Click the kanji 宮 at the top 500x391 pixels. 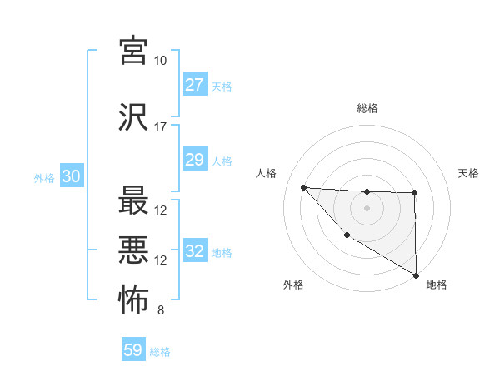pyautogui.click(x=133, y=51)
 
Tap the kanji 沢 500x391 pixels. pyautogui.click(x=133, y=117)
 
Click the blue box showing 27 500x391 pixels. pyautogui.click(x=194, y=85)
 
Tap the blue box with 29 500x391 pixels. pyautogui.click(x=194, y=160)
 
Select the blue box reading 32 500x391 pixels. pyautogui.click(x=194, y=251)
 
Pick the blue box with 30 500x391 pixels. pyautogui.click(x=71, y=176)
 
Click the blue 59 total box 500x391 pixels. pyautogui.click(x=132, y=350)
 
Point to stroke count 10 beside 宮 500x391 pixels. pyautogui.click(x=160, y=61)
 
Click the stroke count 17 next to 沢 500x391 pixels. pyautogui.click(x=160, y=127)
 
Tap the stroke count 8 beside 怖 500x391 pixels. pyautogui.click(x=160, y=311)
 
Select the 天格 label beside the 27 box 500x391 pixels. pyautogui.click(x=222, y=86)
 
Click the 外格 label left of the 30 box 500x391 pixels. pyautogui.click(x=44, y=177)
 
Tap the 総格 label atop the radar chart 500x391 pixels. pyautogui.click(x=367, y=108)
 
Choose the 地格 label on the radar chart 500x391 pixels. pyautogui.click(x=437, y=285)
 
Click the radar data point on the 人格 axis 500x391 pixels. pyautogui.click(x=303, y=187)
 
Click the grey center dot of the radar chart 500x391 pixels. pyautogui.click(x=367, y=207)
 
